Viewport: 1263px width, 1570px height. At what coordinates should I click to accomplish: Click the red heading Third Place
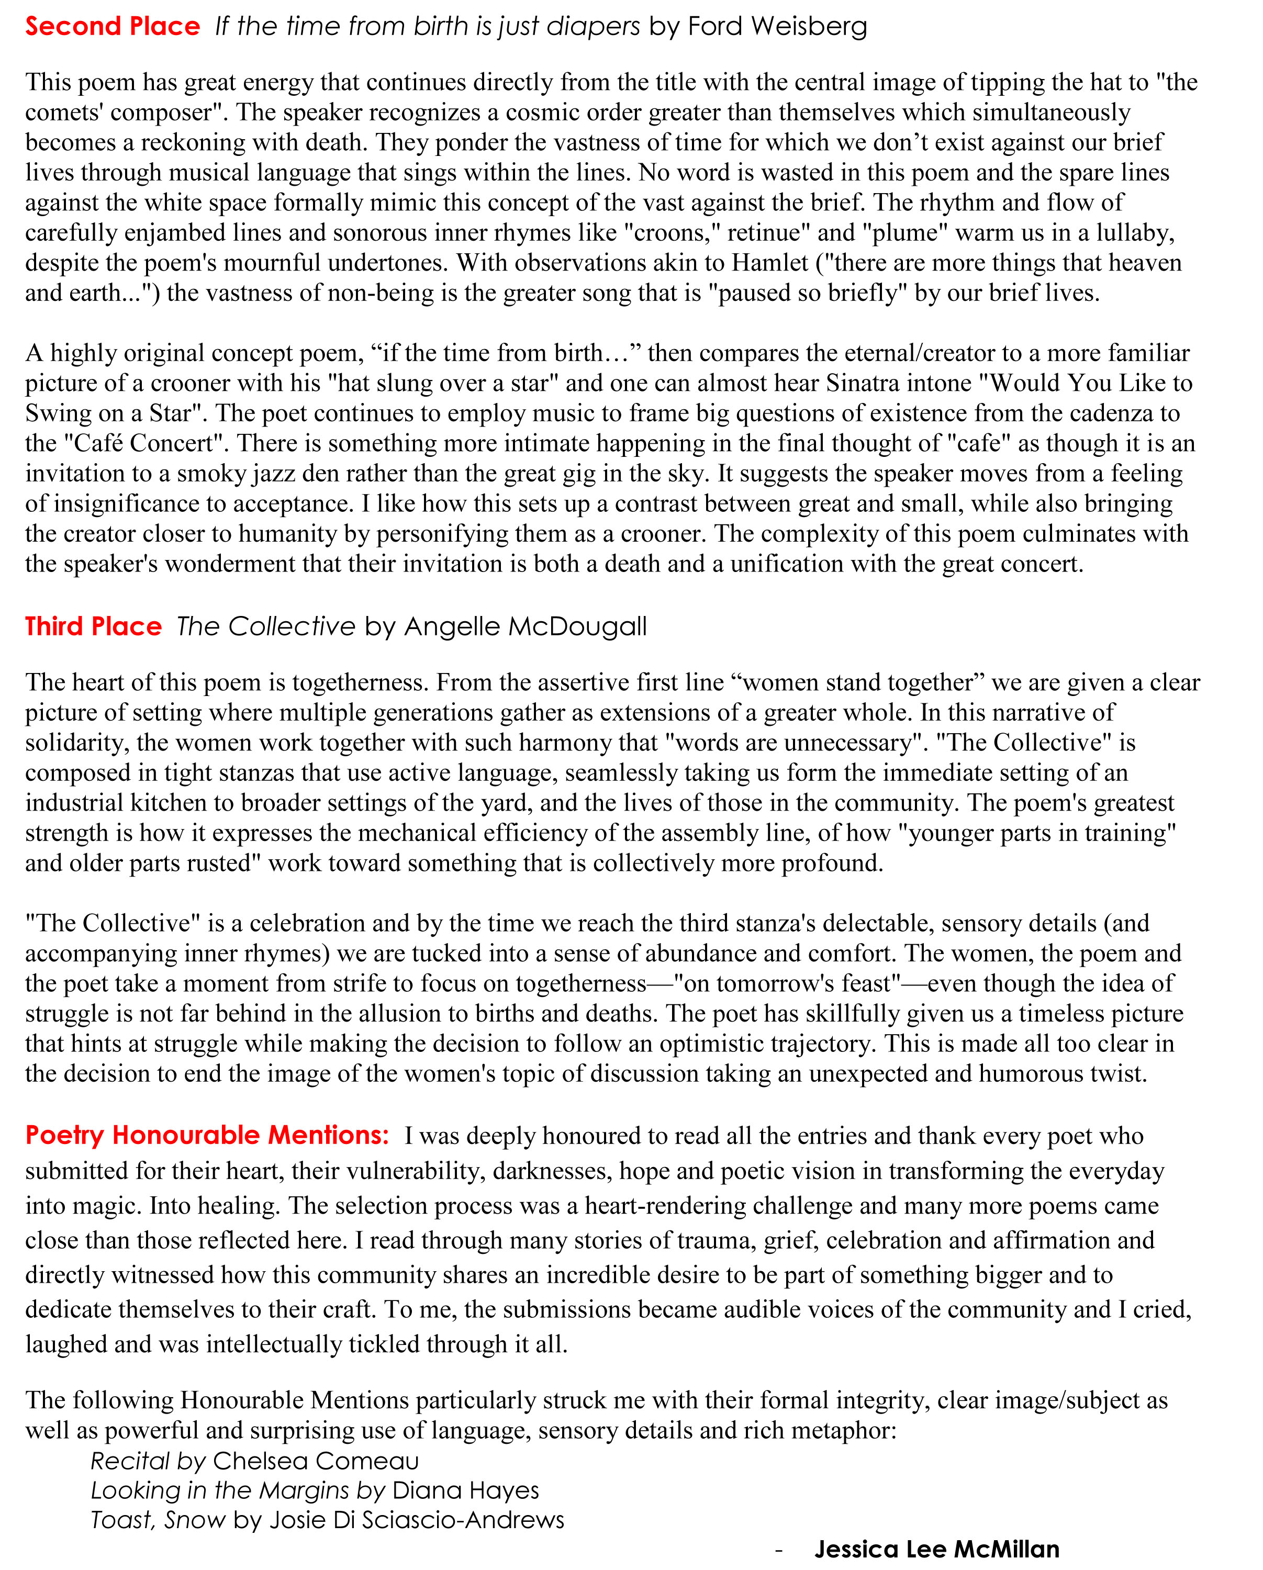93,626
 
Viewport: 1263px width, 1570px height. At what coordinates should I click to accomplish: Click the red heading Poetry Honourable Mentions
207,1135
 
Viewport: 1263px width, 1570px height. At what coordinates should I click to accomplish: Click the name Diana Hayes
465,1490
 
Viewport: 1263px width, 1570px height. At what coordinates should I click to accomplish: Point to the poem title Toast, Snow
158,1520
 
